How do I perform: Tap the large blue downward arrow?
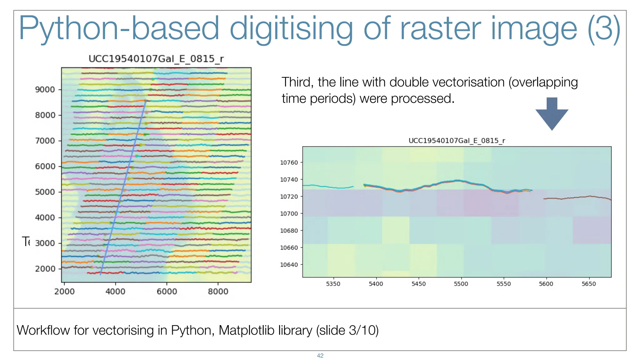coord(552,114)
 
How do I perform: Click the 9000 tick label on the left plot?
coord(45,90)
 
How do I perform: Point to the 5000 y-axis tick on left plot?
coord(45,192)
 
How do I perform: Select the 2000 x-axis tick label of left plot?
coord(64,292)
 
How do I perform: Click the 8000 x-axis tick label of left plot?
coord(218,292)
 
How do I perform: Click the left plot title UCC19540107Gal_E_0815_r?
coord(156,59)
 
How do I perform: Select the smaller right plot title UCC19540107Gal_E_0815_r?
coord(457,141)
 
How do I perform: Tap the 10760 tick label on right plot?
coord(289,162)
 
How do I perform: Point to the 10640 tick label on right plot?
coord(289,265)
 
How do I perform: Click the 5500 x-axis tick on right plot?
coord(461,284)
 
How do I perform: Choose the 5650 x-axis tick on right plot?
coord(589,284)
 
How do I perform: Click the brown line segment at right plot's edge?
coord(578,197)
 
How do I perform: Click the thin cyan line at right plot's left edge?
coord(328,187)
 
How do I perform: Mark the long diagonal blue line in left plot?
coord(123,187)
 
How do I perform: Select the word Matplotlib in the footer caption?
coord(265,330)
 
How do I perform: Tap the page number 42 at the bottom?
coord(320,356)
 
